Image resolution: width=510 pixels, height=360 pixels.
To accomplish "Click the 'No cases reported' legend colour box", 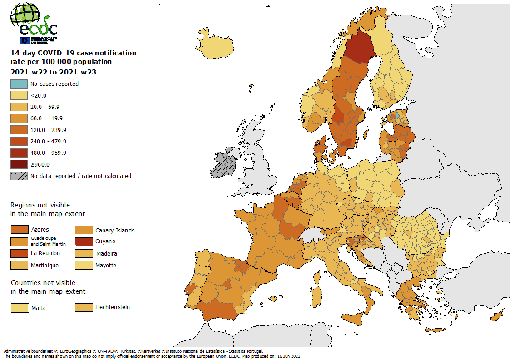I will [x=19, y=84].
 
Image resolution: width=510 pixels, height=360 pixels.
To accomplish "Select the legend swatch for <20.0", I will [x=19, y=95].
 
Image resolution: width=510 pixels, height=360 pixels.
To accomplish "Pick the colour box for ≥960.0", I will [x=19, y=164].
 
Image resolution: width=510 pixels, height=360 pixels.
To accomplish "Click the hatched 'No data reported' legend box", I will [x=19, y=176].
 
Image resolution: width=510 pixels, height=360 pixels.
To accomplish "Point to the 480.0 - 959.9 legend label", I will [x=48, y=153].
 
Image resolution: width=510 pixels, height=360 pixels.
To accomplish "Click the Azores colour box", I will [x=19, y=230].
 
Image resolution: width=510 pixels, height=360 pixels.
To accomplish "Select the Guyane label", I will [x=105, y=242].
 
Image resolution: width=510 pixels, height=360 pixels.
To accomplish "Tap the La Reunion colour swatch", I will [x=19, y=253].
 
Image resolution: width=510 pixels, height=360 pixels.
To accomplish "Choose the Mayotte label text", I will [x=106, y=265].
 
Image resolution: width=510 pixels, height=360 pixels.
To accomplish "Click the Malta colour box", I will [x=19, y=308].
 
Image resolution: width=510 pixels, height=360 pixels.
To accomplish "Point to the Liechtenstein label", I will [x=113, y=307].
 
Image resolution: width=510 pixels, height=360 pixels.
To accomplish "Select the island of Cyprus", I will [x=497, y=315].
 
